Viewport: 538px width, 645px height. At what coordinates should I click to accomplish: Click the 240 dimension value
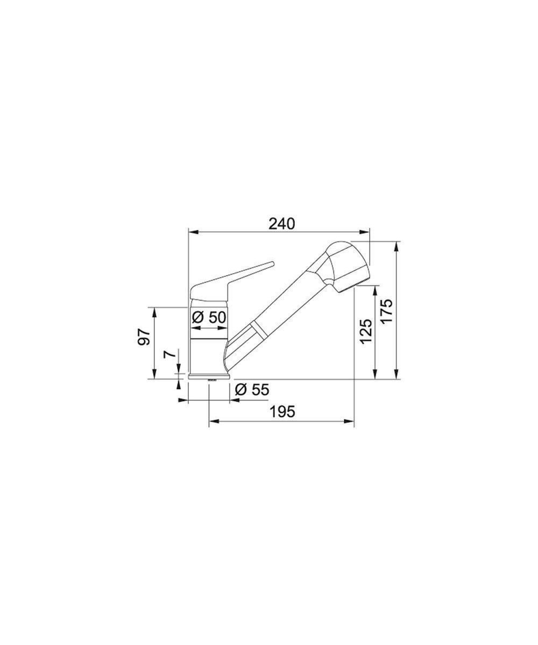pos(281,224)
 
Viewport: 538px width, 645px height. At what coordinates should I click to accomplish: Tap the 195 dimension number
pos(282,412)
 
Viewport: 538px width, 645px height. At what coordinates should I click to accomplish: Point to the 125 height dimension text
pos(366,331)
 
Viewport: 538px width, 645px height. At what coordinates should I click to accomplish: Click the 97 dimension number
pos(144,337)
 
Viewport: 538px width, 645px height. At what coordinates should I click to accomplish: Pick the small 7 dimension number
pos(169,354)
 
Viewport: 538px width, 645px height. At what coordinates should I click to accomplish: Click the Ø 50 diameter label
pos(209,317)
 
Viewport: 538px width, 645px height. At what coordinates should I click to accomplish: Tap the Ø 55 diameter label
pos(252,390)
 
